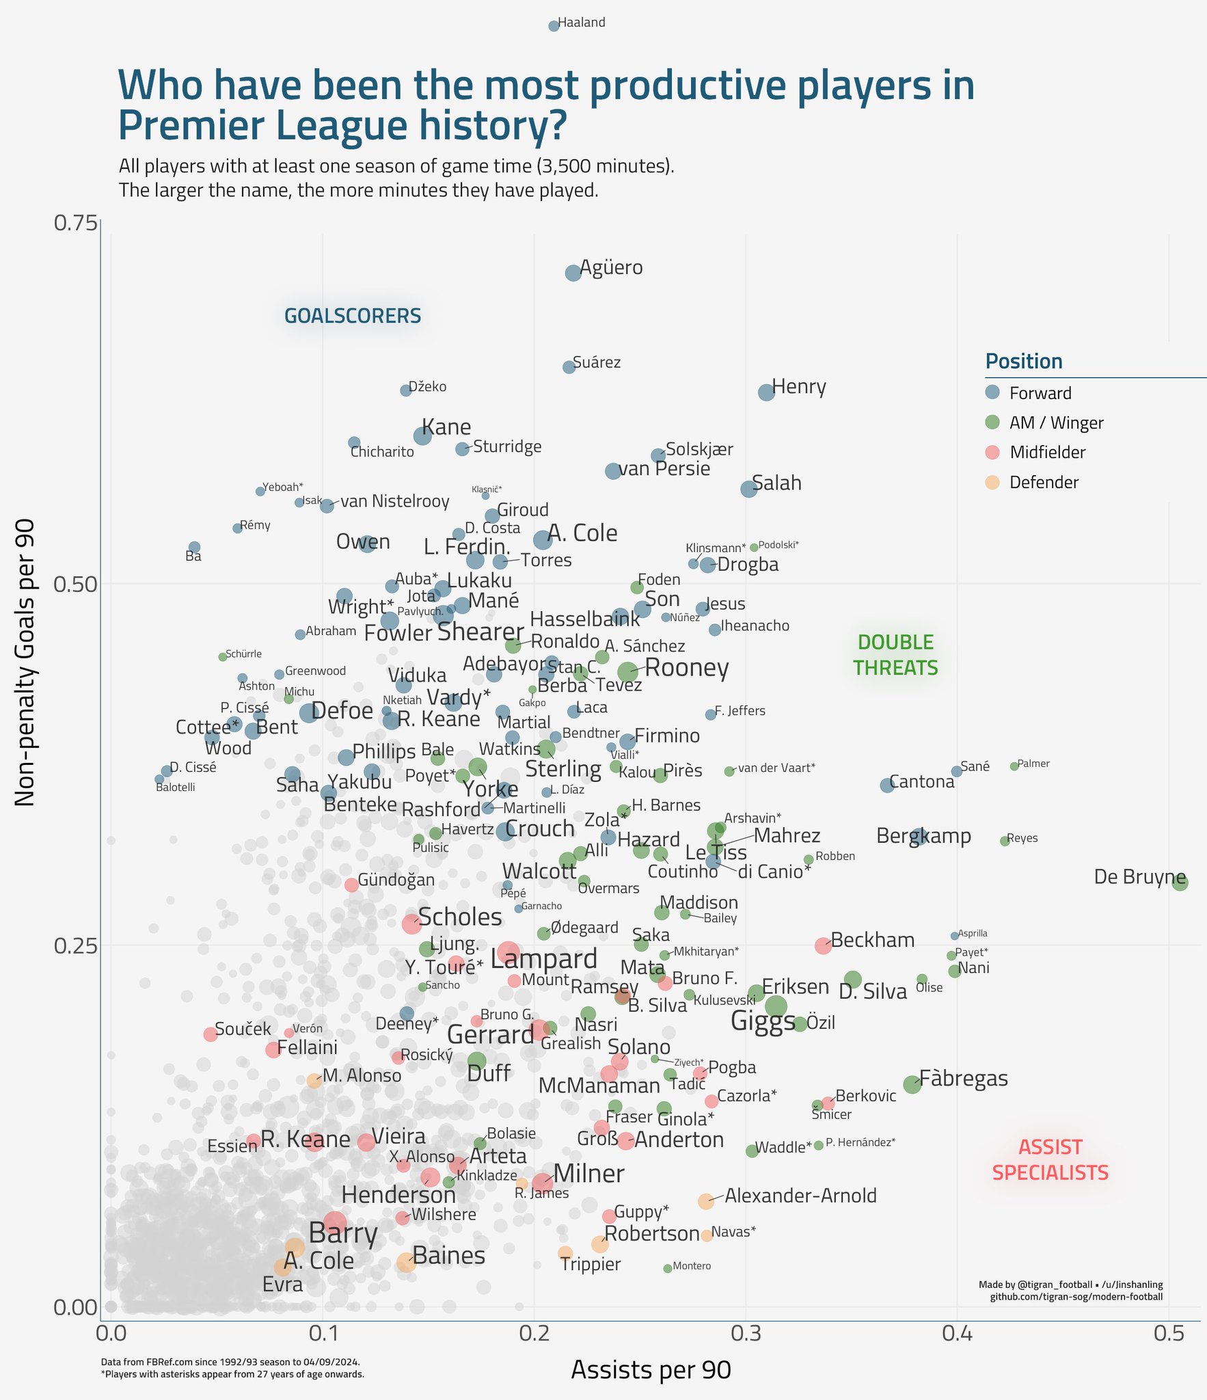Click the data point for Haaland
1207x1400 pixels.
[x=554, y=26]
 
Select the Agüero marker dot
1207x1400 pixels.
[x=573, y=273]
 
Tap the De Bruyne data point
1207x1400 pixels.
[x=1179, y=882]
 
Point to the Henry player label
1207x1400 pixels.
[x=799, y=387]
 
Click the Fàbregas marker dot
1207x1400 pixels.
[x=912, y=1084]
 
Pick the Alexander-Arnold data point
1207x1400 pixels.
[x=706, y=1201]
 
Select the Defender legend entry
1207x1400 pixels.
[x=1043, y=483]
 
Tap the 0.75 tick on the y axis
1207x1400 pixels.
[x=74, y=223]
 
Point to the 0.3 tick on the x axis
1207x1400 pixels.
[x=746, y=1334]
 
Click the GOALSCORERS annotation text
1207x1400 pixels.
[x=353, y=316]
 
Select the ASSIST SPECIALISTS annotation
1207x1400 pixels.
[x=1050, y=1160]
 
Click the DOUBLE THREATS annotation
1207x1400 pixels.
[x=895, y=654]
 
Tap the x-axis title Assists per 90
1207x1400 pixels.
[x=651, y=1370]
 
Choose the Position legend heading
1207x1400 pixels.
[x=1024, y=362]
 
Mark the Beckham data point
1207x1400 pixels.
[x=823, y=945]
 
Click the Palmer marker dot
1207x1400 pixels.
[x=1014, y=766]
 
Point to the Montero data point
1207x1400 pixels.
[x=668, y=1269]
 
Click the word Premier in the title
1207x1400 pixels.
[x=208, y=125]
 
